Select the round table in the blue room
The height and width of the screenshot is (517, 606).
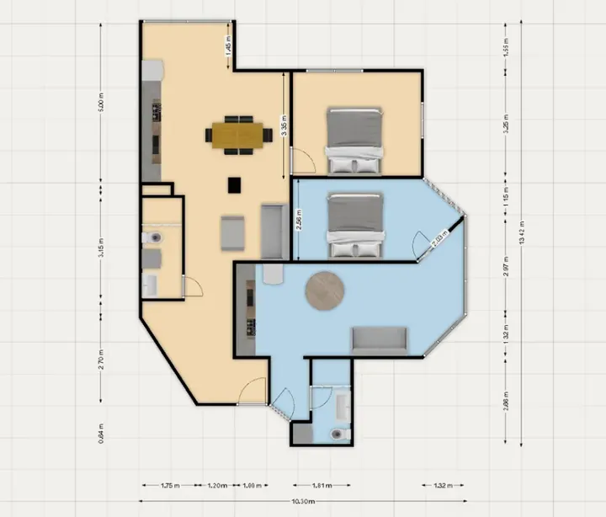(x=325, y=290)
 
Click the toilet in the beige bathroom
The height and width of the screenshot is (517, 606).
(x=151, y=239)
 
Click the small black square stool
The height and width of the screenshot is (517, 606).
(x=235, y=184)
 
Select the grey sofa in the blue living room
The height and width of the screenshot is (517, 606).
(x=379, y=339)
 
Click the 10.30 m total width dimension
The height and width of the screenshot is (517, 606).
(x=305, y=501)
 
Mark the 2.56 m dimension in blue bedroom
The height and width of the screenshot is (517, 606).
(x=298, y=221)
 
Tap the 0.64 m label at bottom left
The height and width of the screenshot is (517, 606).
(x=100, y=433)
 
